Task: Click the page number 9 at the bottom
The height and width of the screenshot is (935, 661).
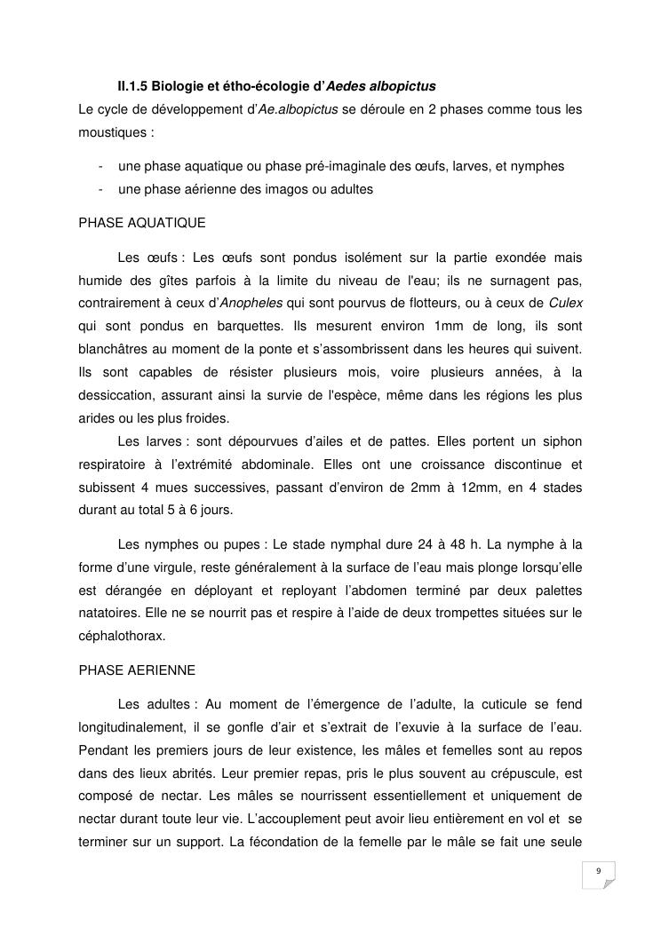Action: tap(599, 870)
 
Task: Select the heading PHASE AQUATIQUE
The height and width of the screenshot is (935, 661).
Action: tap(142, 222)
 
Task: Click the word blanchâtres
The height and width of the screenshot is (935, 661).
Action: tap(115, 349)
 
